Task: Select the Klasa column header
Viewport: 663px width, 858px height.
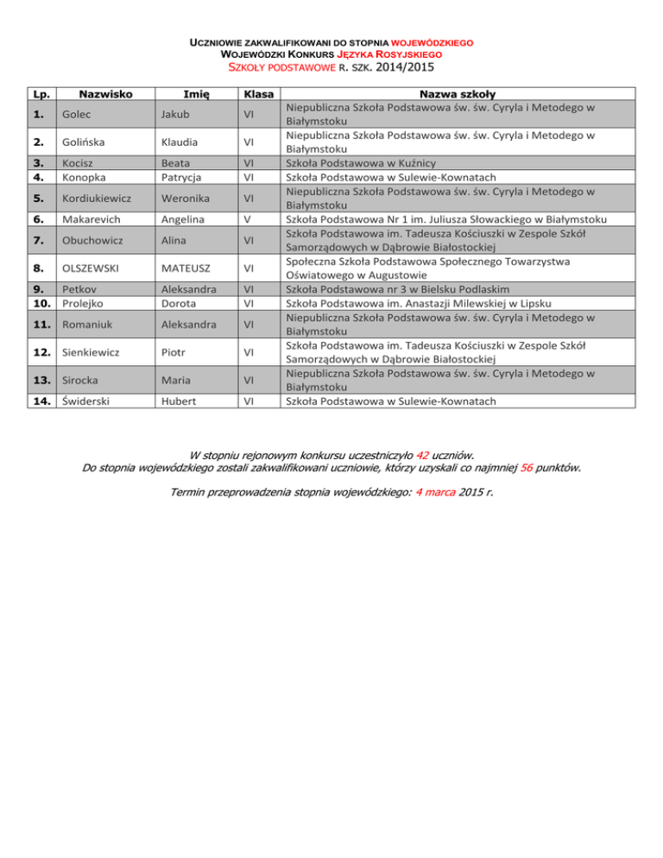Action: click(258, 92)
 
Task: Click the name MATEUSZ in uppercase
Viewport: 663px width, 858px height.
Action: click(187, 266)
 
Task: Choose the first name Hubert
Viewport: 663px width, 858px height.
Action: click(178, 401)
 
